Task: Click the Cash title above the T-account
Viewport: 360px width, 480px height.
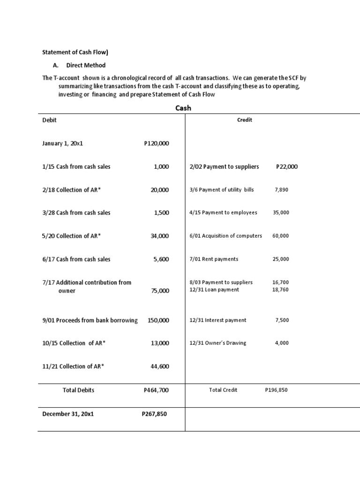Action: click(183, 108)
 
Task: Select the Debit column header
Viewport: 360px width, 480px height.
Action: click(49, 120)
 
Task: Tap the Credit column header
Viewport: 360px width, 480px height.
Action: click(245, 120)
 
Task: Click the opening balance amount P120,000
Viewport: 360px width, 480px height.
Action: click(156, 144)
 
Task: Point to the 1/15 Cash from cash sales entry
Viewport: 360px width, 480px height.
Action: click(76, 167)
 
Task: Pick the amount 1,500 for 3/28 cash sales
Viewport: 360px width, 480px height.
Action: click(161, 213)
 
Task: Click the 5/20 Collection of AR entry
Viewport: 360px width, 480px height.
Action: click(71, 236)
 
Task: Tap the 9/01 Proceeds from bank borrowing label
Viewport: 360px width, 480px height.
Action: click(90, 321)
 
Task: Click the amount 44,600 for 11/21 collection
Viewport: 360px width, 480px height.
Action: click(159, 367)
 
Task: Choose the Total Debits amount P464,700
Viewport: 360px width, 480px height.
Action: click(156, 390)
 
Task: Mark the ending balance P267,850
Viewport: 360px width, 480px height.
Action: click(154, 414)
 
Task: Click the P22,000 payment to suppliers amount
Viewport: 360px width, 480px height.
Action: click(287, 167)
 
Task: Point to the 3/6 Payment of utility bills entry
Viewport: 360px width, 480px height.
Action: click(222, 190)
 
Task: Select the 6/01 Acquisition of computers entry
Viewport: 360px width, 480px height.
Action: click(225, 236)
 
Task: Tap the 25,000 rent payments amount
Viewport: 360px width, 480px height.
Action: click(281, 259)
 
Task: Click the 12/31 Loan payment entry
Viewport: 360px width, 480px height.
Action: click(214, 290)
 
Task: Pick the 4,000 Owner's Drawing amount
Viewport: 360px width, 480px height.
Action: click(282, 343)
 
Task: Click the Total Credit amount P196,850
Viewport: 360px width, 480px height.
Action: click(276, 390)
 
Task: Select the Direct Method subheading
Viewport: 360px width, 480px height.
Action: click(85, 65)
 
